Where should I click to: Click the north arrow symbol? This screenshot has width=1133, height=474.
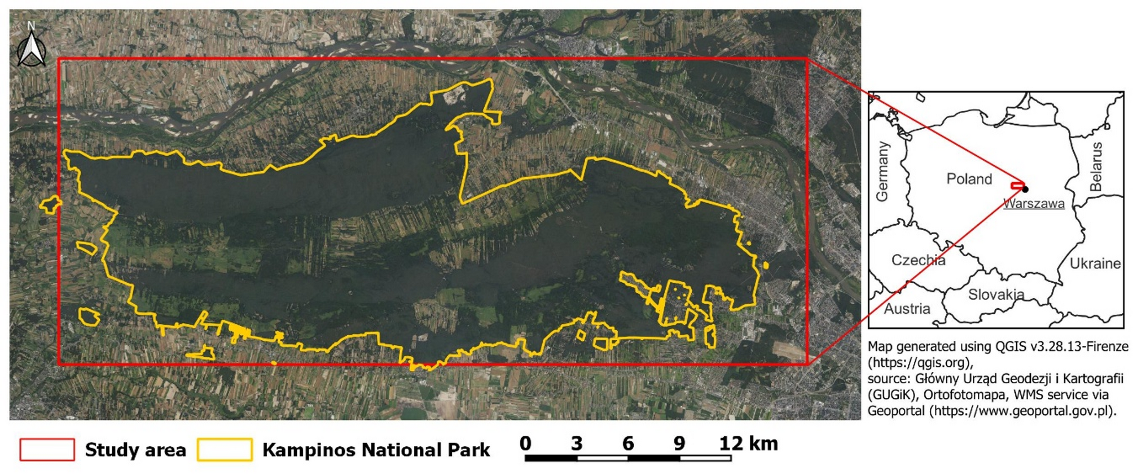click(x=32, y=49)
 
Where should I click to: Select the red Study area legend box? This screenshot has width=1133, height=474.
click(x=47, y=450)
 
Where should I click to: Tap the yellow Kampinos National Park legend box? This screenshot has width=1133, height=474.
click(x=225, y=450)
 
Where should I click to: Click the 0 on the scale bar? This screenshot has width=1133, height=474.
click(x=525, y=444)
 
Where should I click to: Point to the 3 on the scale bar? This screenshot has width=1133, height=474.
click(x=576, y=444)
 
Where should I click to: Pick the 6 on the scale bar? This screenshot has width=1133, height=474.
click(x=628, y=444)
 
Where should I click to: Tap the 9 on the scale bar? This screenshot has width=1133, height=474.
click(x=679, y=444)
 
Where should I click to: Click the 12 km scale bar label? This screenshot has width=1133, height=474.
click(x=748, y=444)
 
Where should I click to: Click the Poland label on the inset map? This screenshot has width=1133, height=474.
click(x=969, y=179)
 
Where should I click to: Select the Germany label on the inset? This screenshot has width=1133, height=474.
click(x=882, y=171)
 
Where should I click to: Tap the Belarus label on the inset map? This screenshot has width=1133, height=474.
click(x=1096, y=166)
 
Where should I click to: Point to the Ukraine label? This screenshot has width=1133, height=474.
click(x=1095, y=264)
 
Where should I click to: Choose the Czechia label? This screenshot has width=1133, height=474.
click(x=918, y=260)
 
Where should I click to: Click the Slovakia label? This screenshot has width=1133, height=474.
click(x=996, y=295)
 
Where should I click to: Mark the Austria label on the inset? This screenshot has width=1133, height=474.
click(x=907, y=309)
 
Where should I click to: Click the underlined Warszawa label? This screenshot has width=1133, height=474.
click(x=1034, y=204)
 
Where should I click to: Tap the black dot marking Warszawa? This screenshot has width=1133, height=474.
click(x=1025, y=189)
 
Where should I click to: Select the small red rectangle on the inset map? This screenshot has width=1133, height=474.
click(x=1017, y=186)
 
